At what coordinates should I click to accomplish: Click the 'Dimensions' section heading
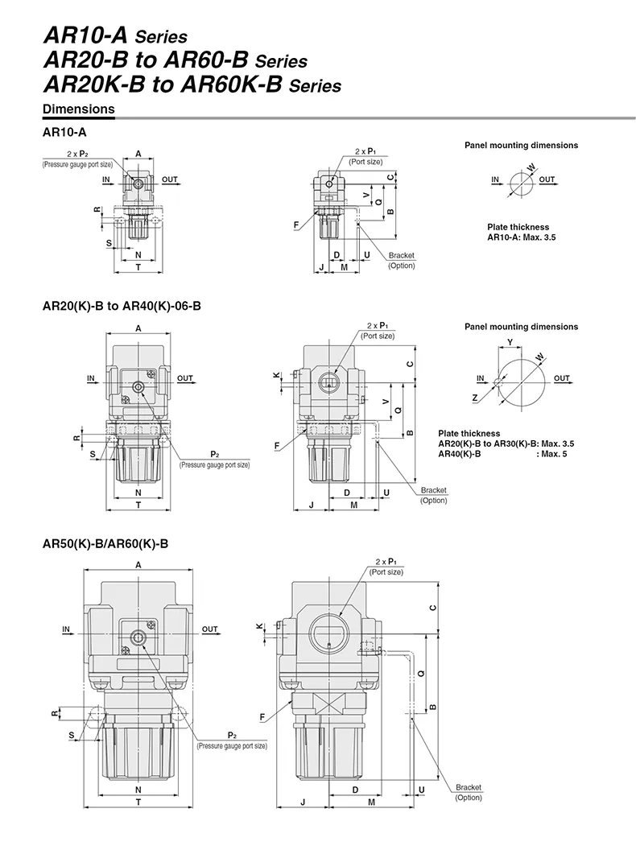(78, 109)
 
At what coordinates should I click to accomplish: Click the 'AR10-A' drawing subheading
(64, 131)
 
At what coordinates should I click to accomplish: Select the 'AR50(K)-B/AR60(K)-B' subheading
(105, 543)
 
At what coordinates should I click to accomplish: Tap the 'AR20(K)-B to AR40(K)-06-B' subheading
(121, 306)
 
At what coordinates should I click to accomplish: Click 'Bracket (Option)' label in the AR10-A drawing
(401, 260)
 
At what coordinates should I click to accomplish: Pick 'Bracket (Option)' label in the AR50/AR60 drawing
(468, 792)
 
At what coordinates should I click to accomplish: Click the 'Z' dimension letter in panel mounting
(475, 398)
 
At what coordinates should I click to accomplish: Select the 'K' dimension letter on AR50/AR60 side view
(258, 626)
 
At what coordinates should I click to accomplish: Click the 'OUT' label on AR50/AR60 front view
(210, 629)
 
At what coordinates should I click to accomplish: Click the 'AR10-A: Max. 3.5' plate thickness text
(521, 237)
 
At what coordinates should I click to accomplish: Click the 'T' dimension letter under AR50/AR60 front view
(138, 802)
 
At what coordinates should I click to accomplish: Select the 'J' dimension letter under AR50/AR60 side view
(302, 802)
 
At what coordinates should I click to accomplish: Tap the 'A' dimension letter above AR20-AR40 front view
(138, 328)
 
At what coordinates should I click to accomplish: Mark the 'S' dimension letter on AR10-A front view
(109, 241)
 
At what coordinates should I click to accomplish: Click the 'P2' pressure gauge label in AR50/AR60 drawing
(232, 736)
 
